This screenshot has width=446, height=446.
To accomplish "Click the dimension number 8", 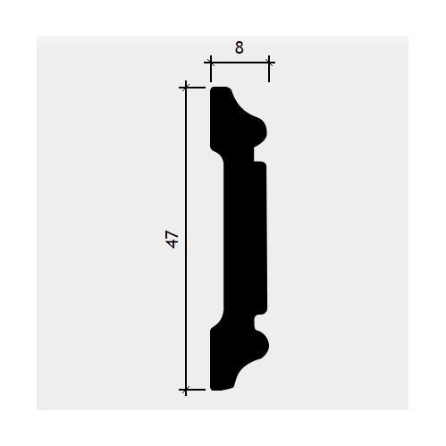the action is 239,47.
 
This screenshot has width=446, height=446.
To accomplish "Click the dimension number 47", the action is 173,239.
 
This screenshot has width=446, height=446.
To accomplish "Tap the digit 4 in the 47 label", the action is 173,244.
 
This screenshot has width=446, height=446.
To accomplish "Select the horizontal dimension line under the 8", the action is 240,63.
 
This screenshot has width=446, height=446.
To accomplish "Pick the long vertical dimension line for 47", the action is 186,239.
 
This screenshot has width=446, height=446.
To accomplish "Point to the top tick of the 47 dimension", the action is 186,88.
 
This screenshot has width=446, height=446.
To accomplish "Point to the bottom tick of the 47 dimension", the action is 186,390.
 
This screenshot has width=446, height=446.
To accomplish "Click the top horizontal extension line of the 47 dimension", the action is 192,88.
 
